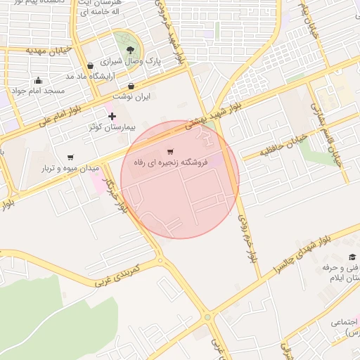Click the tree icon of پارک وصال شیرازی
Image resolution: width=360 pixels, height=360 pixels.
[131, 49]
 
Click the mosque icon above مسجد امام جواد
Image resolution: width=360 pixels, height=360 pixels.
[38, 80]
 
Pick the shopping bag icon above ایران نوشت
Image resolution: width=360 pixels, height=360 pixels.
[131, 86]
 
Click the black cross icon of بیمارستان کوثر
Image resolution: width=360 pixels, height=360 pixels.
[112, 115]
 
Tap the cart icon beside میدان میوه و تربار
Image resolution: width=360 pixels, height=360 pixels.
[70, 157]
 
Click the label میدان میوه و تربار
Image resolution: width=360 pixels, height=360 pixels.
[69, 169]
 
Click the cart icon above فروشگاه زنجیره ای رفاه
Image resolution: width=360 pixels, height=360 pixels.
[170, 151]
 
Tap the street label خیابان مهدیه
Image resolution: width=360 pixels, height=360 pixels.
[49, 51]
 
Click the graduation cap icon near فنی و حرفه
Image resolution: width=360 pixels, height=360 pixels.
[352, 257]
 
